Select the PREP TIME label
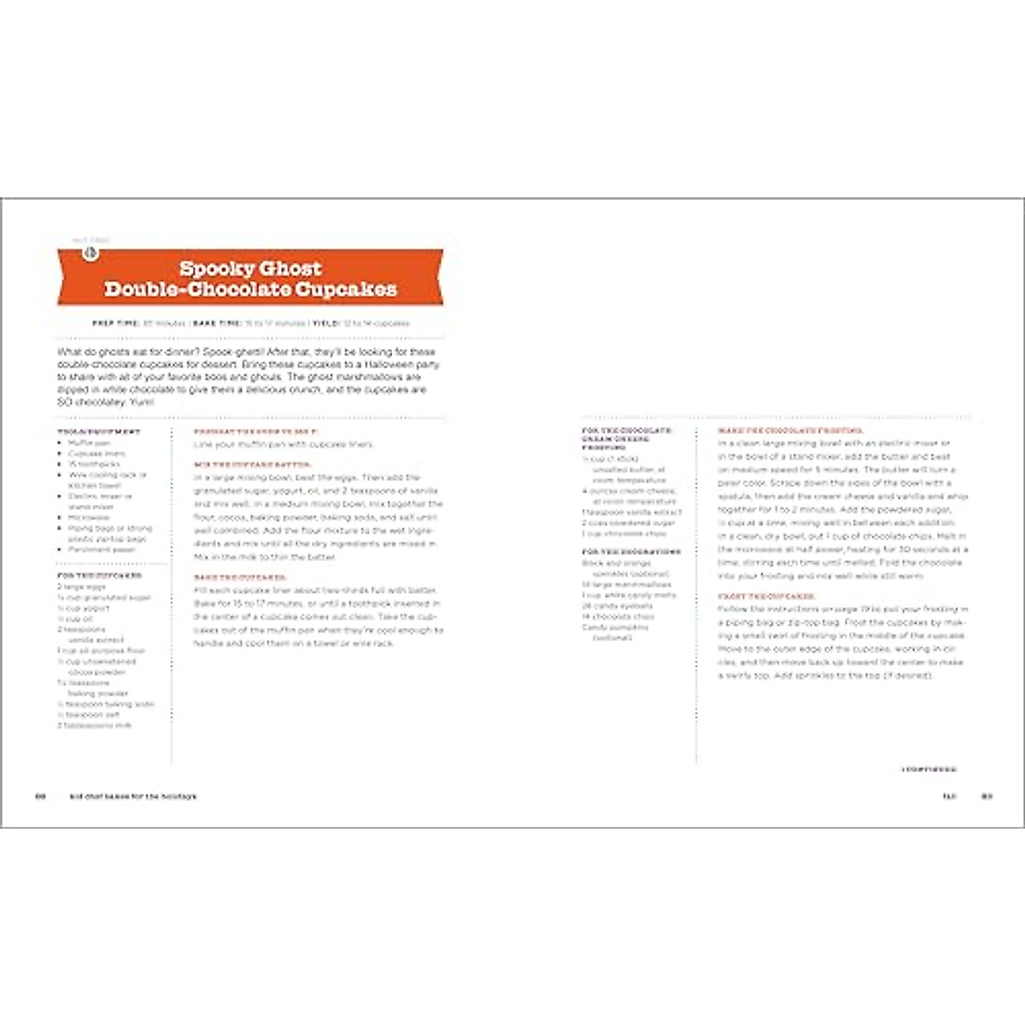(x=115, y=324)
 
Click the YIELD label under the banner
(x=325, y=324)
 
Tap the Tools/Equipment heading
(x=99, y=432)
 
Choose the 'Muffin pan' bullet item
(x=89, y=443)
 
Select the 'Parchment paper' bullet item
(x=102, y=550)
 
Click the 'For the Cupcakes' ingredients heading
(x=99, y=576)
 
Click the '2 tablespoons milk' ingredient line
(x=95, y=725)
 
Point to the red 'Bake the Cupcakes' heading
(x=240, y=578)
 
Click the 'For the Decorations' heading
(x=631, y=552)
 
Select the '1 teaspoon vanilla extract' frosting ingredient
(x=631, y=512)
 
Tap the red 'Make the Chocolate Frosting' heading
(x=790, y=431)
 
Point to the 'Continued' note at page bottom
(x=929, y=770)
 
